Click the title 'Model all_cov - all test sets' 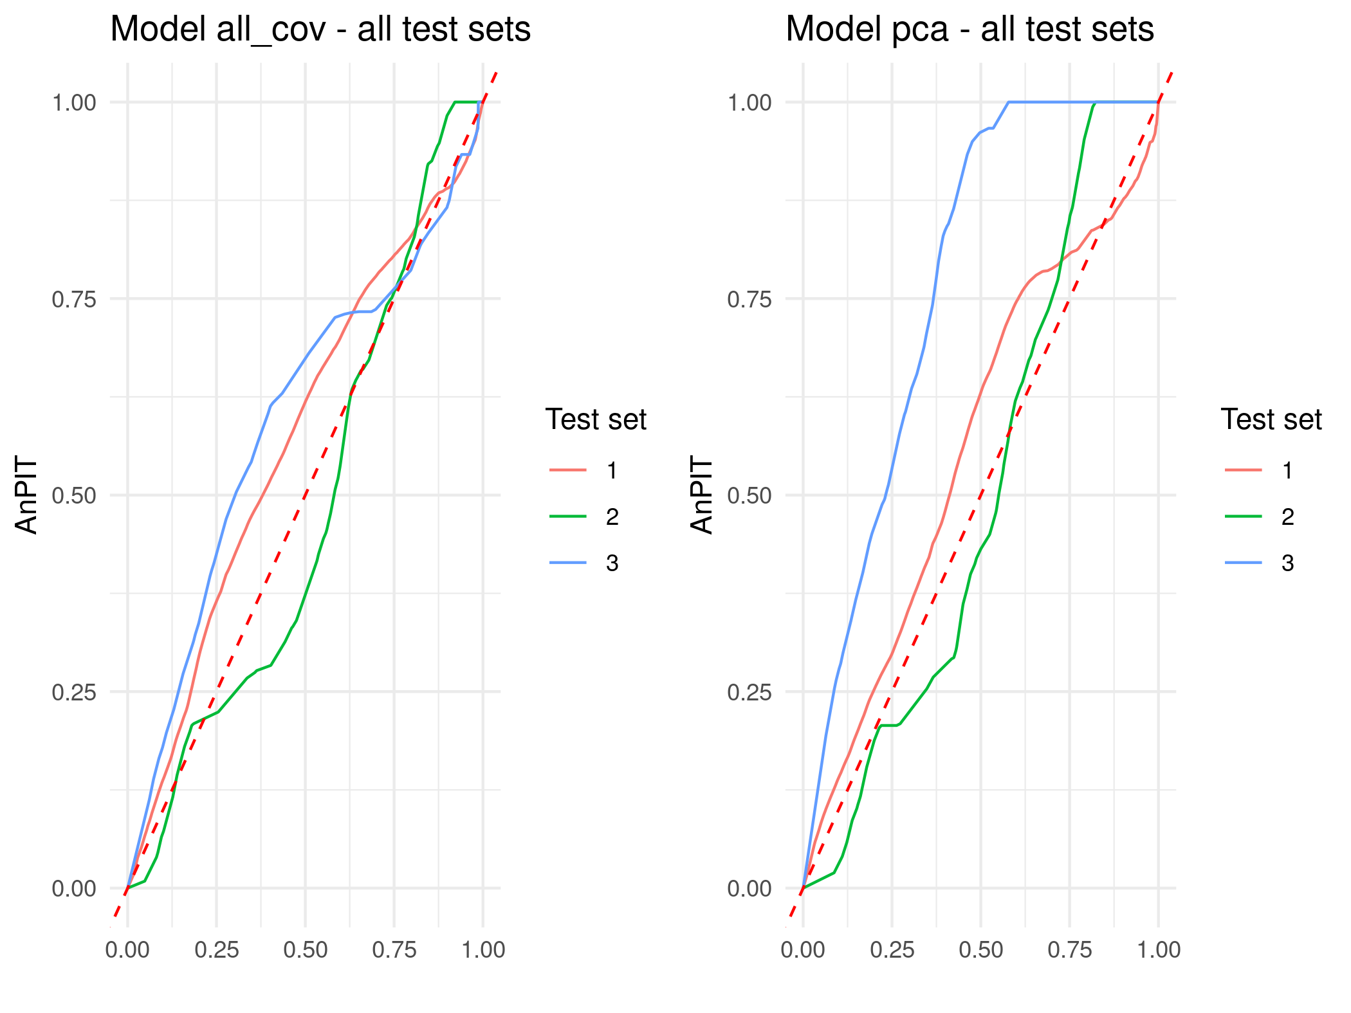320,30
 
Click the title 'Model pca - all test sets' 970,30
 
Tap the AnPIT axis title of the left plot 27,495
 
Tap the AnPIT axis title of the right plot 702,495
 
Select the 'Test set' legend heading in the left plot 596,419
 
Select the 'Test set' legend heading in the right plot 1271,419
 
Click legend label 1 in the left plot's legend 612,471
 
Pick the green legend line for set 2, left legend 568,516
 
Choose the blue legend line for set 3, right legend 1243,563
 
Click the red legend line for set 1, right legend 1243,471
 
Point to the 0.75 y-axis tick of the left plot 73,299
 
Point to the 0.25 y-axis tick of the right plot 749,692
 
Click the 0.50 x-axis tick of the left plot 306,950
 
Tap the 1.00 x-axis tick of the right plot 1159,950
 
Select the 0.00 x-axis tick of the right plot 803,950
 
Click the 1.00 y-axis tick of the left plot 73,102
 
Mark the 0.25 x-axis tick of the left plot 217,950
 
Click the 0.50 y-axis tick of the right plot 749,495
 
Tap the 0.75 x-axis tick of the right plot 1070,950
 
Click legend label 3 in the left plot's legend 612,563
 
